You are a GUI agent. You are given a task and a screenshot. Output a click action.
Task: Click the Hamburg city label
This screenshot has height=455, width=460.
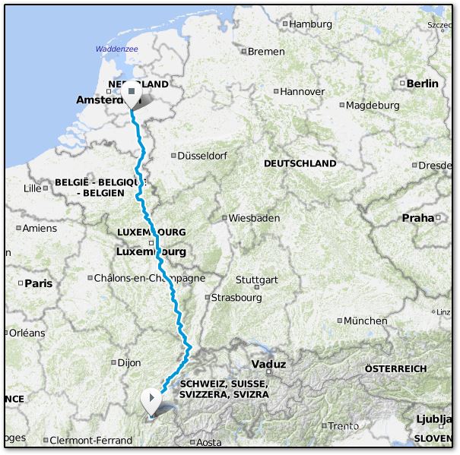click(x=311, y=24)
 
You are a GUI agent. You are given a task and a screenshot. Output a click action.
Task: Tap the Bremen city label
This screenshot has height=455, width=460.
click(x=266, y=52)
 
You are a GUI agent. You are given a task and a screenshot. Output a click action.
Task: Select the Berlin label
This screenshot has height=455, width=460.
click(x=423, y=84)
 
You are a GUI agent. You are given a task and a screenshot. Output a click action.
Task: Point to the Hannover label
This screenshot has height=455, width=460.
click(x=302, y=91)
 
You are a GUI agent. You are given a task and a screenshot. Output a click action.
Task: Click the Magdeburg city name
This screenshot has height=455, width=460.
click(x=373, y=105)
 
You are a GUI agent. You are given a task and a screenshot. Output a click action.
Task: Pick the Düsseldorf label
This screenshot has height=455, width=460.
click(x=201, y=155)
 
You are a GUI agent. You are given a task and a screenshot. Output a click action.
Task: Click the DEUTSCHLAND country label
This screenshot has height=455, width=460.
click(x=300, y=163)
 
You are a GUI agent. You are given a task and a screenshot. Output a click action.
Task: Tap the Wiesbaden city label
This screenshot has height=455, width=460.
click(x=254, y=218)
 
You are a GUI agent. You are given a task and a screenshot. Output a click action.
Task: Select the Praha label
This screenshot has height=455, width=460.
click(x=417, y=218)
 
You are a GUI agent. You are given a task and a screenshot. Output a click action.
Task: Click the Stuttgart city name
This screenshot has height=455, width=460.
click(x=256, y=280)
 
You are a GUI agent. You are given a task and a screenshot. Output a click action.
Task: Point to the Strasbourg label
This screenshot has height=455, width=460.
click(x=236, y=298)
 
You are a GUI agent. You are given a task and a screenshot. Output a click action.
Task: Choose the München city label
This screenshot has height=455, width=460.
click(x=365, y=321)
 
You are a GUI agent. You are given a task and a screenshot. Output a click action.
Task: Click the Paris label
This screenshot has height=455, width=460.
click(x=38, y=283)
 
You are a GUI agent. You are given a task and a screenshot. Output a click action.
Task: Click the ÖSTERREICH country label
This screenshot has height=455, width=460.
click(x=395, y=368)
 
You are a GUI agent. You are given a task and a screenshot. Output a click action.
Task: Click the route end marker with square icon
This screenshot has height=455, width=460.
click(x=132, y=92)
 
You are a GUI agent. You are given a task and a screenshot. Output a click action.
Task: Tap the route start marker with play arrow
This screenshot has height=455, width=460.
click(x=153, y=397)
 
